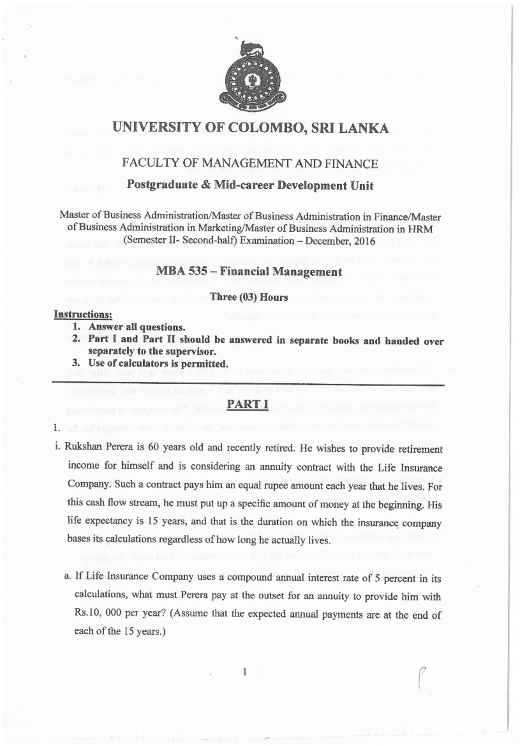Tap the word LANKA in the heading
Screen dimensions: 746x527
pyautogui.click(x=362, y=128)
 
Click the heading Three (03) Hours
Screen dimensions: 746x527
pyautogui.click(x=249, y=297)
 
